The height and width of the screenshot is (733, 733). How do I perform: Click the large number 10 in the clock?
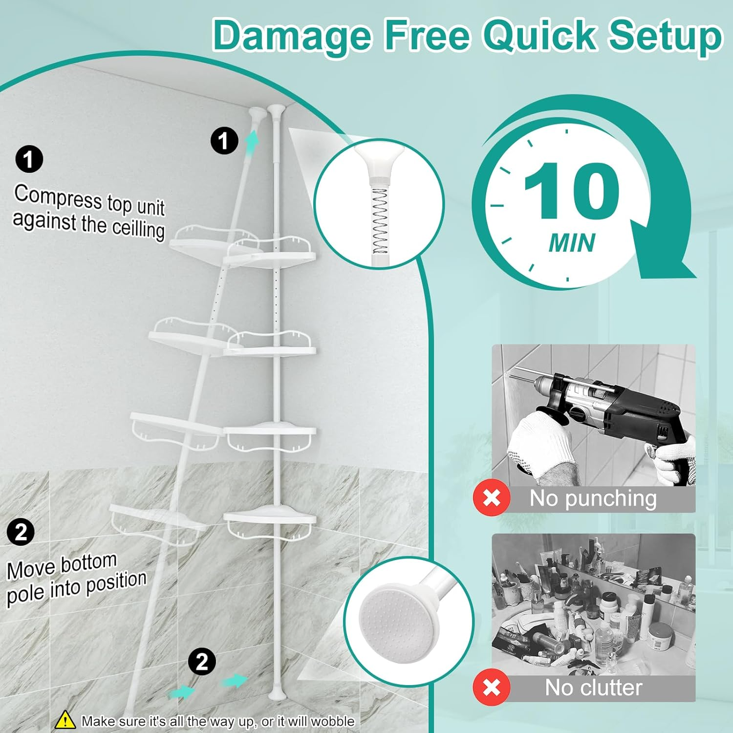pos(572,191)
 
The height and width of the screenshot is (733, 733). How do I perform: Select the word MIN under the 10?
pos(572,243)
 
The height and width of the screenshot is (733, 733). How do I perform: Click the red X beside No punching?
pos(492,498)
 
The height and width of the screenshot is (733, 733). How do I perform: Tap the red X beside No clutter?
pos(492,687)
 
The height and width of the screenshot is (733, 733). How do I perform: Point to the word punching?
pos(611,499)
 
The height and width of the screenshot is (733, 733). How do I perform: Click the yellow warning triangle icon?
pos(65,720)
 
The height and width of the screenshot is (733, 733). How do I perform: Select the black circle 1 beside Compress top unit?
pos(29,159)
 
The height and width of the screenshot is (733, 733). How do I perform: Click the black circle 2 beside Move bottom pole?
pos(21,532)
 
